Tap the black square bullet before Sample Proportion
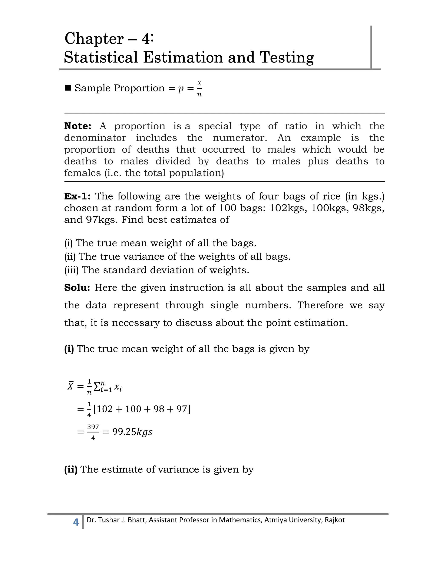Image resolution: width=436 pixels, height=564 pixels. click(68, 88)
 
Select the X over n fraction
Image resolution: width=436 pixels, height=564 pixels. click(199, 88)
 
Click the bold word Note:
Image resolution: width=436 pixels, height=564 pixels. click(78, 126)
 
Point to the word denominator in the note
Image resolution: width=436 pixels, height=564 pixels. click(95, 138)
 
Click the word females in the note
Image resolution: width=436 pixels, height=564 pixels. click(82, 173)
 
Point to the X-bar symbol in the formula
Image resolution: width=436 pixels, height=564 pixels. click(70, 386)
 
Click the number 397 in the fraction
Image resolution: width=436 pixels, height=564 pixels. click(93, 427)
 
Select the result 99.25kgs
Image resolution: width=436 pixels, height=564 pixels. click(132, 432)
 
